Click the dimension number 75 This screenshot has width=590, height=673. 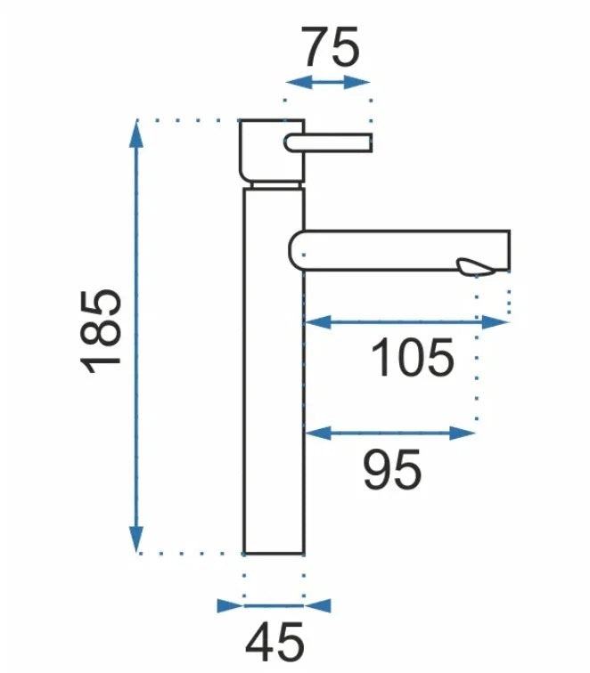[x=331, y=47]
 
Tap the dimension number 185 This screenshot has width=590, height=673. [x=101, y=333]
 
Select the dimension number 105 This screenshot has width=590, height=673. [x=412, y=357]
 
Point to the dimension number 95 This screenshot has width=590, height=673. [x=392, y=469]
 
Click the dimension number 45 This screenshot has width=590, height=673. [x=275, y=643]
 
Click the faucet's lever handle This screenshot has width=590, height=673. [x=328, y=143]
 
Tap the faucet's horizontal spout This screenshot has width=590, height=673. [x=399, y=251]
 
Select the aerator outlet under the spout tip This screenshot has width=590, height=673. [x=476, y=267]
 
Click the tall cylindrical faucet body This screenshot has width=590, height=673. [x=274, y=371]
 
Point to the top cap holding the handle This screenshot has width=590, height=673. [x=272, y=150]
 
